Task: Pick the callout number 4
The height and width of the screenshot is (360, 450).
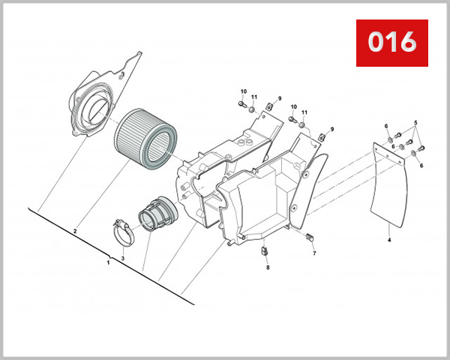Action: pos(389,241)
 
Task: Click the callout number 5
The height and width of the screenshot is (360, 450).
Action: pos(418,121)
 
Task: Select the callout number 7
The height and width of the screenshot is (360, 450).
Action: pos(315,253)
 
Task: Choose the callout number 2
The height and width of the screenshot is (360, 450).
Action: pos(75,232)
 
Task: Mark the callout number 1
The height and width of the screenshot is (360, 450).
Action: pos(108,262)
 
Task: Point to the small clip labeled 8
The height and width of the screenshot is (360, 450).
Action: pos(265,250)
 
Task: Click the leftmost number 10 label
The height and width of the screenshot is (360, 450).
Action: pos(242,91)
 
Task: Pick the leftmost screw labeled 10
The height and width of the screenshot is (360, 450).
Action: pos(243,103)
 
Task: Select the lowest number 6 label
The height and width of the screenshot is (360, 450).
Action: pos(421,165)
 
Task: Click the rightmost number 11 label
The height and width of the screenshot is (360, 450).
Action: pos(304,112)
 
